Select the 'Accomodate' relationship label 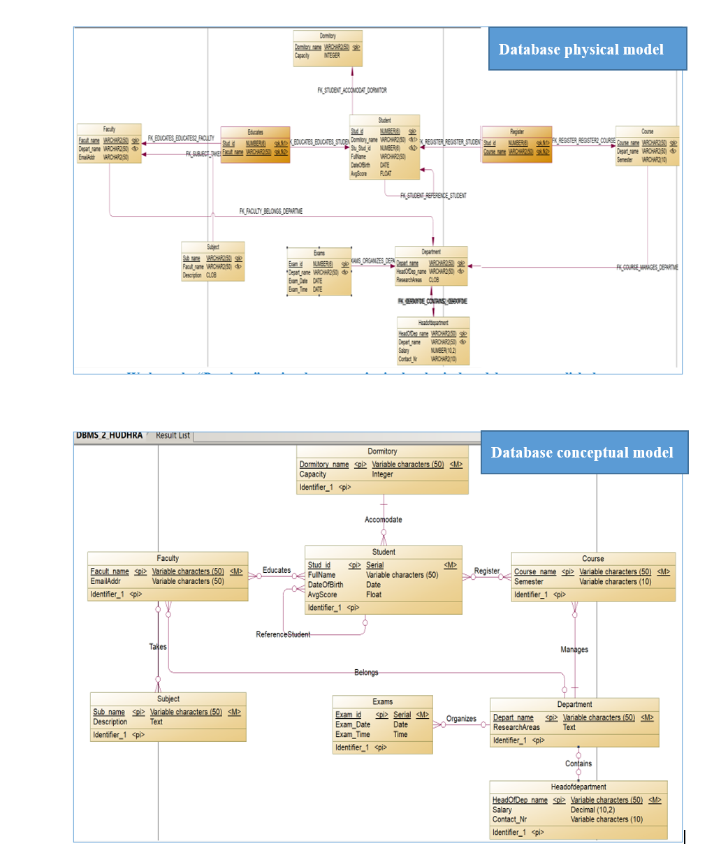(383, 520)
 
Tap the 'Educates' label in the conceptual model (277, 570)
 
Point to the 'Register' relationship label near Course (487, 571)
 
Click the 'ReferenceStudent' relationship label (283, 634)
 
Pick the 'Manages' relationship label (574, 650)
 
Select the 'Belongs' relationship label (366, 672)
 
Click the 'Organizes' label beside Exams (461, 718)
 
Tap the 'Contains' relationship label (578, 764)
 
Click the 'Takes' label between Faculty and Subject (158, 647)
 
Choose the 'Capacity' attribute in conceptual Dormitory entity (313, 474)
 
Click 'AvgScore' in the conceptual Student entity (322, 595)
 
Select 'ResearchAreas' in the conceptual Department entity (516, 727)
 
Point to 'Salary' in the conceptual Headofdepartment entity (502, 810)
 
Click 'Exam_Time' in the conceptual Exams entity (353, 734)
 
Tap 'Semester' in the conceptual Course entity (528, 581)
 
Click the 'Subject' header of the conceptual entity (168, 699)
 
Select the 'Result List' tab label (173, 435)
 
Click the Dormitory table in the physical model (328, 48)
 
